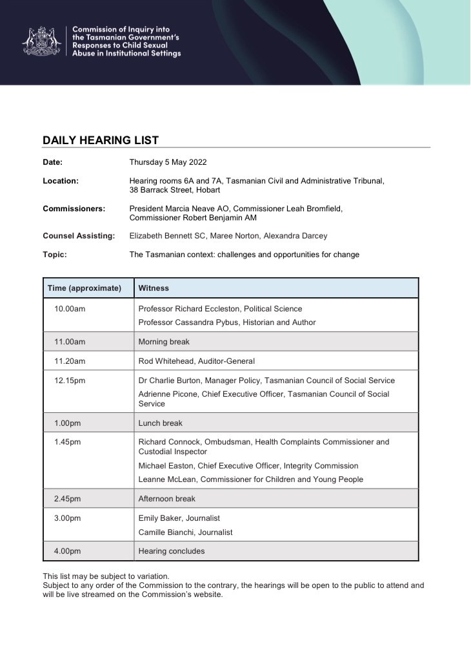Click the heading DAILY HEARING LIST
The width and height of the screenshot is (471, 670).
click(101, 140)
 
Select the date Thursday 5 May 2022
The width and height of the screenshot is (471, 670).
click(168, 162)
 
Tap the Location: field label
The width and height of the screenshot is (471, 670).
click(61, 181)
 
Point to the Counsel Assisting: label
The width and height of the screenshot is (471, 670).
click(79, 236)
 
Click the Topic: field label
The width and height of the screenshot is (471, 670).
click(55, 255)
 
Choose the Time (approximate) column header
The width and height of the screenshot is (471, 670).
click(85, 288)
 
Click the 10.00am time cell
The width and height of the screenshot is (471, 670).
click(70, 309)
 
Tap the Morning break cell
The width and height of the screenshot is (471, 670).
click(164, 342)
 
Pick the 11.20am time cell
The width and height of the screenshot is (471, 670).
click(70, 361)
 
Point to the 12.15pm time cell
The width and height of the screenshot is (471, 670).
click(70, 381)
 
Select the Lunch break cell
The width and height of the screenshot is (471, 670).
click(160, 423)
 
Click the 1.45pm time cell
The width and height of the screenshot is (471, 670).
click(68, 443)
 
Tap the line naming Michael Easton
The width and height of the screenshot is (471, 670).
click(248, 466)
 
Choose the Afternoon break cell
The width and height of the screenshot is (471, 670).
click(166, 499)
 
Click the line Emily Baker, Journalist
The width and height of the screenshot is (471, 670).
click(179, 518)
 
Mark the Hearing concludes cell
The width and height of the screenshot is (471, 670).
click(171, 551)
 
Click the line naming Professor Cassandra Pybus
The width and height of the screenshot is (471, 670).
click(227, 322)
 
